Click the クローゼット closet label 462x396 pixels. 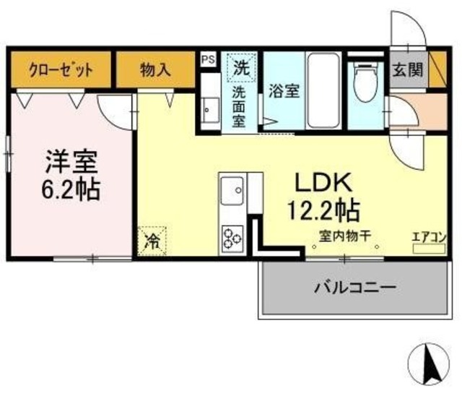61,71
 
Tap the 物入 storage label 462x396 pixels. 155,71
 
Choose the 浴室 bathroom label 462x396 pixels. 284,92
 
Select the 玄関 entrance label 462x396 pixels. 407,71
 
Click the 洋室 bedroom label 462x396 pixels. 69,160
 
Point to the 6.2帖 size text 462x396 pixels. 69,189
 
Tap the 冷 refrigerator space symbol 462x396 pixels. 152,238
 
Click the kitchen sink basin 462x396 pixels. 233,192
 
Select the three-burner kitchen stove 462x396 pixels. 233,238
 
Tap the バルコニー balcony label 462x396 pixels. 355,288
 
